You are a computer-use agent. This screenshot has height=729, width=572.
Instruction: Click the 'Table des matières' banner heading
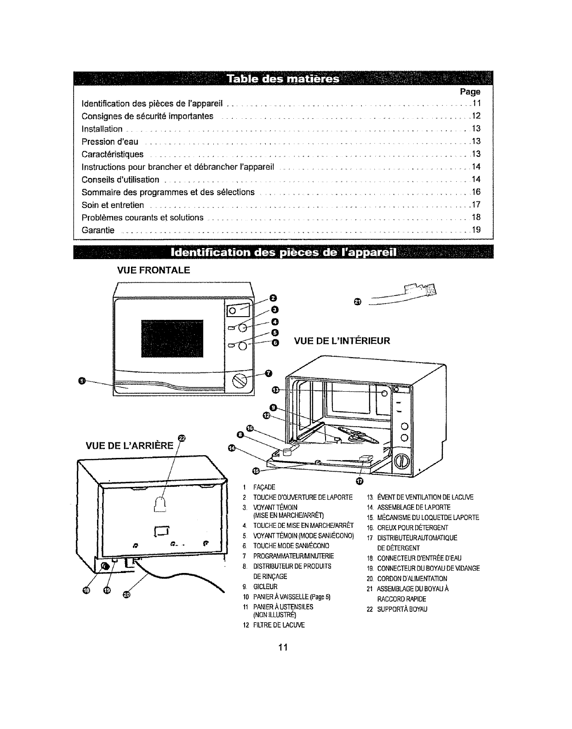tap(282, 79)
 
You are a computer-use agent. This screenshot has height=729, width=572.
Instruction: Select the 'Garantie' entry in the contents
tap(98, 230)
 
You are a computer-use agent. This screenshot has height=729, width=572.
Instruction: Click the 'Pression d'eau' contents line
tap(110, 141)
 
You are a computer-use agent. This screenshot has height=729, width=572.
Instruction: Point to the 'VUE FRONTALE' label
tap(154, 270)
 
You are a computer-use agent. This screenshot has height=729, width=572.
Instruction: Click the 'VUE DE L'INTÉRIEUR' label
tap(342, 341)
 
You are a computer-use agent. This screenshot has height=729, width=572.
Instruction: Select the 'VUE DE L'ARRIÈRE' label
tap(130, 445)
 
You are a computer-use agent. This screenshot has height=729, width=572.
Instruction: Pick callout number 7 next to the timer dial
tap(269, 373)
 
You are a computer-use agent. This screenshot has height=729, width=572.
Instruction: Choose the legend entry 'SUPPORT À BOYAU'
tap(402, 609)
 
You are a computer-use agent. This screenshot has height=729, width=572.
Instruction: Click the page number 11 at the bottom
tap(283, 648)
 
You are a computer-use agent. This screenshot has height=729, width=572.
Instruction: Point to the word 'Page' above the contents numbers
tap(470, 92)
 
